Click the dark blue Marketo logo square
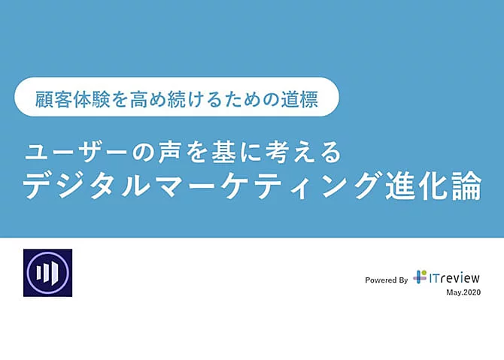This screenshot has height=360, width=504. click(47, 273)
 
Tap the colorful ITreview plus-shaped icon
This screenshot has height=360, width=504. click(420, 277)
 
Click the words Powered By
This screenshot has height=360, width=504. click(386, 280)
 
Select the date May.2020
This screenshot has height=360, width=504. click(463, 292)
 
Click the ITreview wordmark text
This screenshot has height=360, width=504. click(454, 277)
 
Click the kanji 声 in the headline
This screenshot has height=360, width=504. click(169, 152)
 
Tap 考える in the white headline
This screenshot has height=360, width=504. click(303, 152)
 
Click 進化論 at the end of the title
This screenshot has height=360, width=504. click(433, 186)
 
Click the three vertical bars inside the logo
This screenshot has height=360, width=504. click(47, 272)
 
